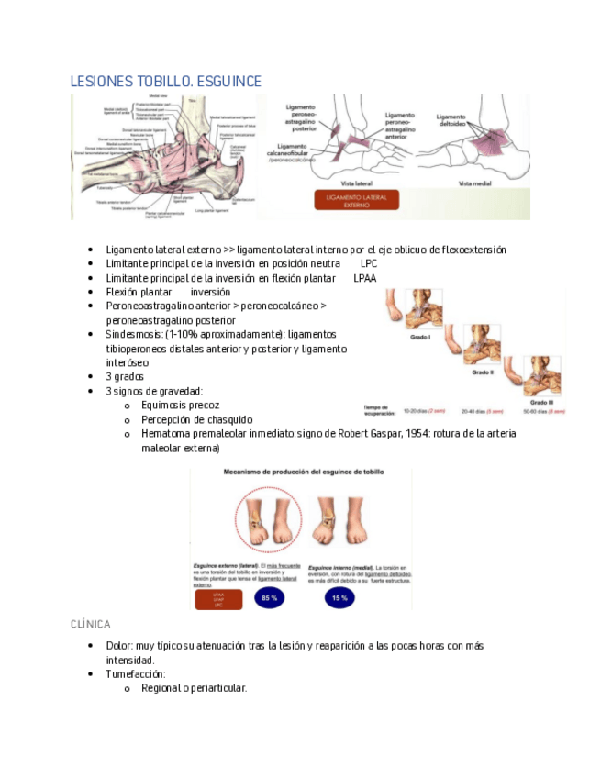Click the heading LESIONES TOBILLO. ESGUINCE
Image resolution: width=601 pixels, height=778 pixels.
pyautogui.click(x=165, y=82)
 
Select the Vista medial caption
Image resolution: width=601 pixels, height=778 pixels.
pyautogui.click(x=476, y=184)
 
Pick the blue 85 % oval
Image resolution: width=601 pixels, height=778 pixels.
pyautogui.click(x=269, y=599)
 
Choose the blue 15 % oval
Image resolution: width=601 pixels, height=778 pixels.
pyautogui.click(x=339, y=599)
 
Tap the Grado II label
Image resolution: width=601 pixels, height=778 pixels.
pyautogui.click(x=484, y=373)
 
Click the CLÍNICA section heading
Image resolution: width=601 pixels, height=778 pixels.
pyautogui.click(x=91, y=624)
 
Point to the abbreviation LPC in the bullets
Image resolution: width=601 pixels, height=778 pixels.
pyautogui.click(x=369, y=263)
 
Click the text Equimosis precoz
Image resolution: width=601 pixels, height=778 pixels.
pyautogui.click(x=181, y=405)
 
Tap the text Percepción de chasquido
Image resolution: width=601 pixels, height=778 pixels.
pyautogui.click(x=196, y=419)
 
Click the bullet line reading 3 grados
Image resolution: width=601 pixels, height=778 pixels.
pyautogui.click(x=126, y=376)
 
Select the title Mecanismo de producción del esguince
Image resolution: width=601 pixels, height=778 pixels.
pyautogui.click(x=302, y=472)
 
